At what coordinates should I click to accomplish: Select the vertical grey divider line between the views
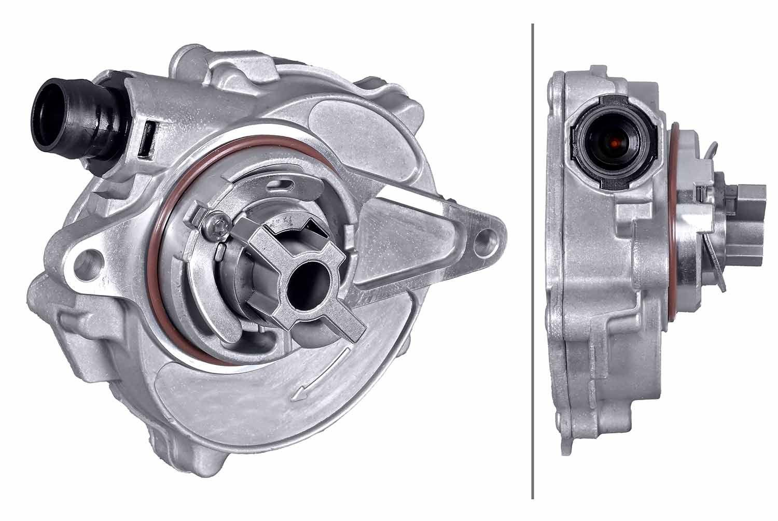[x=533, y=259]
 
